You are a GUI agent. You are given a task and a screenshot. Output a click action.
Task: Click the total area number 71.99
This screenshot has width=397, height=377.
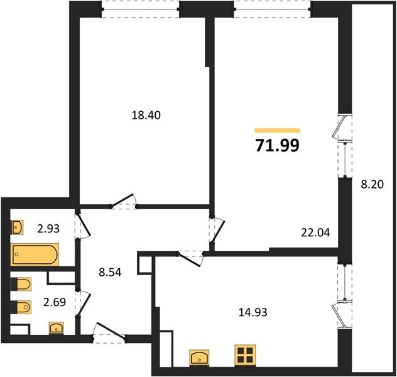tap(278, 146)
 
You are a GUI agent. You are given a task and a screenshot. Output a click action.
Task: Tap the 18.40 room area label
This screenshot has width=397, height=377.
tap(146, 116)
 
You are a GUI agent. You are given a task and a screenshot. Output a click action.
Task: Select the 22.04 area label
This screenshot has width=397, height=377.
tap(315, 232)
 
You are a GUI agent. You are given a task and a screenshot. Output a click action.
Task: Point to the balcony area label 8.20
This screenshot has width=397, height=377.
tap(372, 185)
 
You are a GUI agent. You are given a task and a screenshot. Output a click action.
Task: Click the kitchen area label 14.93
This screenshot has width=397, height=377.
tap(253, 312)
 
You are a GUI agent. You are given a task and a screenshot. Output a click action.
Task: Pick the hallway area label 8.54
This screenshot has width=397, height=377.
tap(110, 273)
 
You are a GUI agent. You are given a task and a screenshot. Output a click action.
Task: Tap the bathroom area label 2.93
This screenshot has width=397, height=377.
tap(48, 229)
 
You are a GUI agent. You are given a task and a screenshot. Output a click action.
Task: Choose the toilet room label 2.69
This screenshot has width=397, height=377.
tap(55, 302)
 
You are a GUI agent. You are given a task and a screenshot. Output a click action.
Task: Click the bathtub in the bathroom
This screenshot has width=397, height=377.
tap(35, 254)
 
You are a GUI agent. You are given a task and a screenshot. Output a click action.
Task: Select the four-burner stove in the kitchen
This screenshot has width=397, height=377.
tap(245, 355)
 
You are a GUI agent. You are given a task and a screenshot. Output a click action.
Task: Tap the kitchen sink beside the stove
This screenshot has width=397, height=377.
tap(200, 358)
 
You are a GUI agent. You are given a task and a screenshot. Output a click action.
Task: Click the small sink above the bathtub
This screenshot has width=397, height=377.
tap(17, 227)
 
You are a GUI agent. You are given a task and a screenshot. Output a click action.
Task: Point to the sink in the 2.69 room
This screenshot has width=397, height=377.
tap(56, 328)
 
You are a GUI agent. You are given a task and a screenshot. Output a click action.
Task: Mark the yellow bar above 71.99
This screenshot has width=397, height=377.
tap(278, 131)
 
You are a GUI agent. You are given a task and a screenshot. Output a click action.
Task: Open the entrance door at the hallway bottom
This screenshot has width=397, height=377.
tap(109, 332)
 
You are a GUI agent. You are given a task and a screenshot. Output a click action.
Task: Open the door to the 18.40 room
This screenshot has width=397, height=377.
tap(124, 201)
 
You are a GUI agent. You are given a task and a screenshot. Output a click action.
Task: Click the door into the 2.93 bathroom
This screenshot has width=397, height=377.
tap(82, 224)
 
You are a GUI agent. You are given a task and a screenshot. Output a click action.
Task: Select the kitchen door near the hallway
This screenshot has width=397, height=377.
tap(190, 258)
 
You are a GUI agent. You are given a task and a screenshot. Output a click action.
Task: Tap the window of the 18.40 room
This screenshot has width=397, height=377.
tap(141, 9)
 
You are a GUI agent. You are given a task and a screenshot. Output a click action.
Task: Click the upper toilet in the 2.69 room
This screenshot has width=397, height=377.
tap(21, 284)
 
